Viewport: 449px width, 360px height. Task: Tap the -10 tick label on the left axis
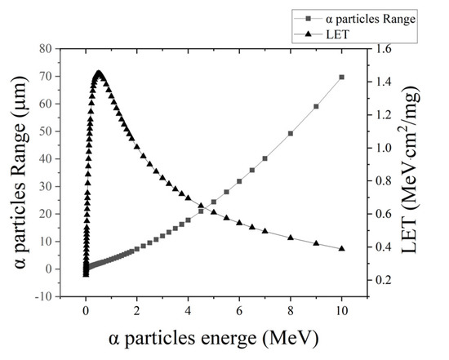pyautogui.click(x=44, y=296)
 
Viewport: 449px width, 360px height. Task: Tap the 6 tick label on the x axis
pyautogui.click(x=239, y=311)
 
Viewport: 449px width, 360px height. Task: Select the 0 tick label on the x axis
pyautogui.click(x=86, y=311)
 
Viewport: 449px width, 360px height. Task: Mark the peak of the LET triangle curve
pyautogui.click(x=99, y=73)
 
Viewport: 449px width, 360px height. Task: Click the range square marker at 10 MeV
pyautogui.click(x=341, y=77)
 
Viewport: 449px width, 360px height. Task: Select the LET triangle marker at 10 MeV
pyautogui.click(x=341, y=248)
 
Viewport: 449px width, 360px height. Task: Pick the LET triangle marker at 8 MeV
pyautogui.click(x=291, y=237)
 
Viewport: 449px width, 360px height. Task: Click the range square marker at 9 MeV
pyautogui.click(x=316, y=106)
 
